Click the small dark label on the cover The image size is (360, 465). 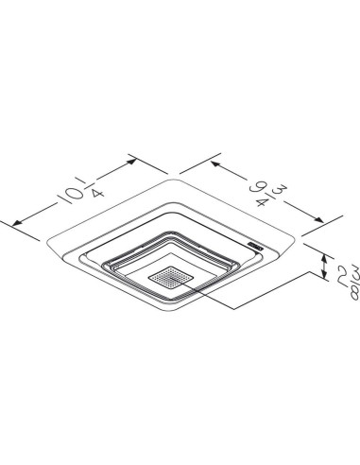[253, 246]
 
